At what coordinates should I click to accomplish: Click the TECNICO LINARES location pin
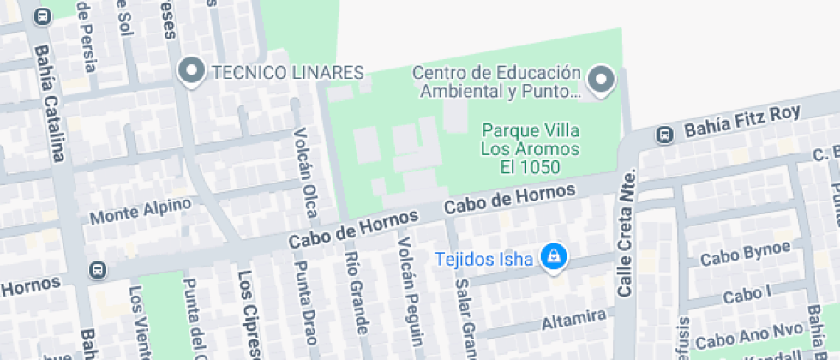190,72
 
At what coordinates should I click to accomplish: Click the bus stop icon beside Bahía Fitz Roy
663,135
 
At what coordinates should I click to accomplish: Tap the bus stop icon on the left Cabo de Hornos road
97,271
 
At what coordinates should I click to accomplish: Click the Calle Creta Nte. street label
628,231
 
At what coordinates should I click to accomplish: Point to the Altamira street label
573,321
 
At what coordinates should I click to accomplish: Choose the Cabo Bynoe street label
745,254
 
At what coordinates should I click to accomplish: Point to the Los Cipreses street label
248,313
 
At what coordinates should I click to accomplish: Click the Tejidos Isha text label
484,258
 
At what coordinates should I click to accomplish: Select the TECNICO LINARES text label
288,72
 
